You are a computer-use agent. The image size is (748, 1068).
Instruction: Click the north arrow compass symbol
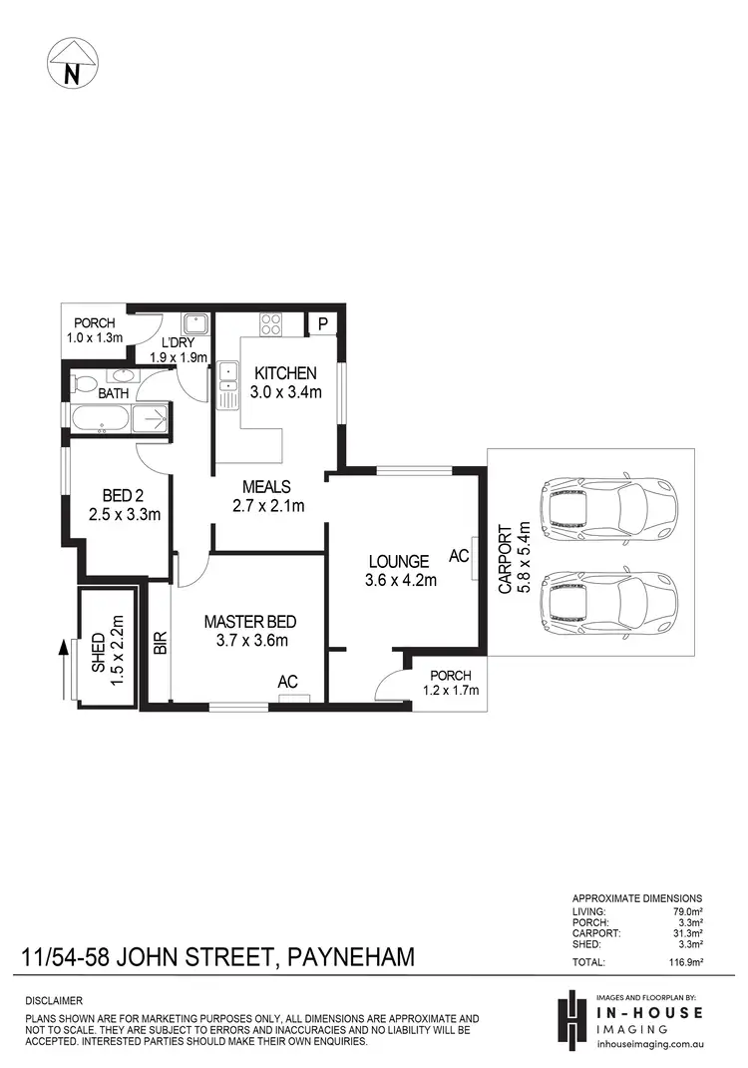point(71,62)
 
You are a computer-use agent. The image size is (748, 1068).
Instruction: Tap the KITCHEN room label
point(285,373)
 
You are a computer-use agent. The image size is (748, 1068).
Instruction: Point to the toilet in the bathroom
point(84,383)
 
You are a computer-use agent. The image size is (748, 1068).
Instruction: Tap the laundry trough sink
point(194,323)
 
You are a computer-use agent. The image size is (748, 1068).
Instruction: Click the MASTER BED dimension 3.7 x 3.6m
point(250,641)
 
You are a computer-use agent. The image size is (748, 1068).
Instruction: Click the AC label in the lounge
point(459,556)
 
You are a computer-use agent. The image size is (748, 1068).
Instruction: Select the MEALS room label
point(266,487)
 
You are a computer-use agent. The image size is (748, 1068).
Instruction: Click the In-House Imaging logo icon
point(571,1019)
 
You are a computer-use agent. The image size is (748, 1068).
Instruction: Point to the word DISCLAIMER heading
point(54,1000)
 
